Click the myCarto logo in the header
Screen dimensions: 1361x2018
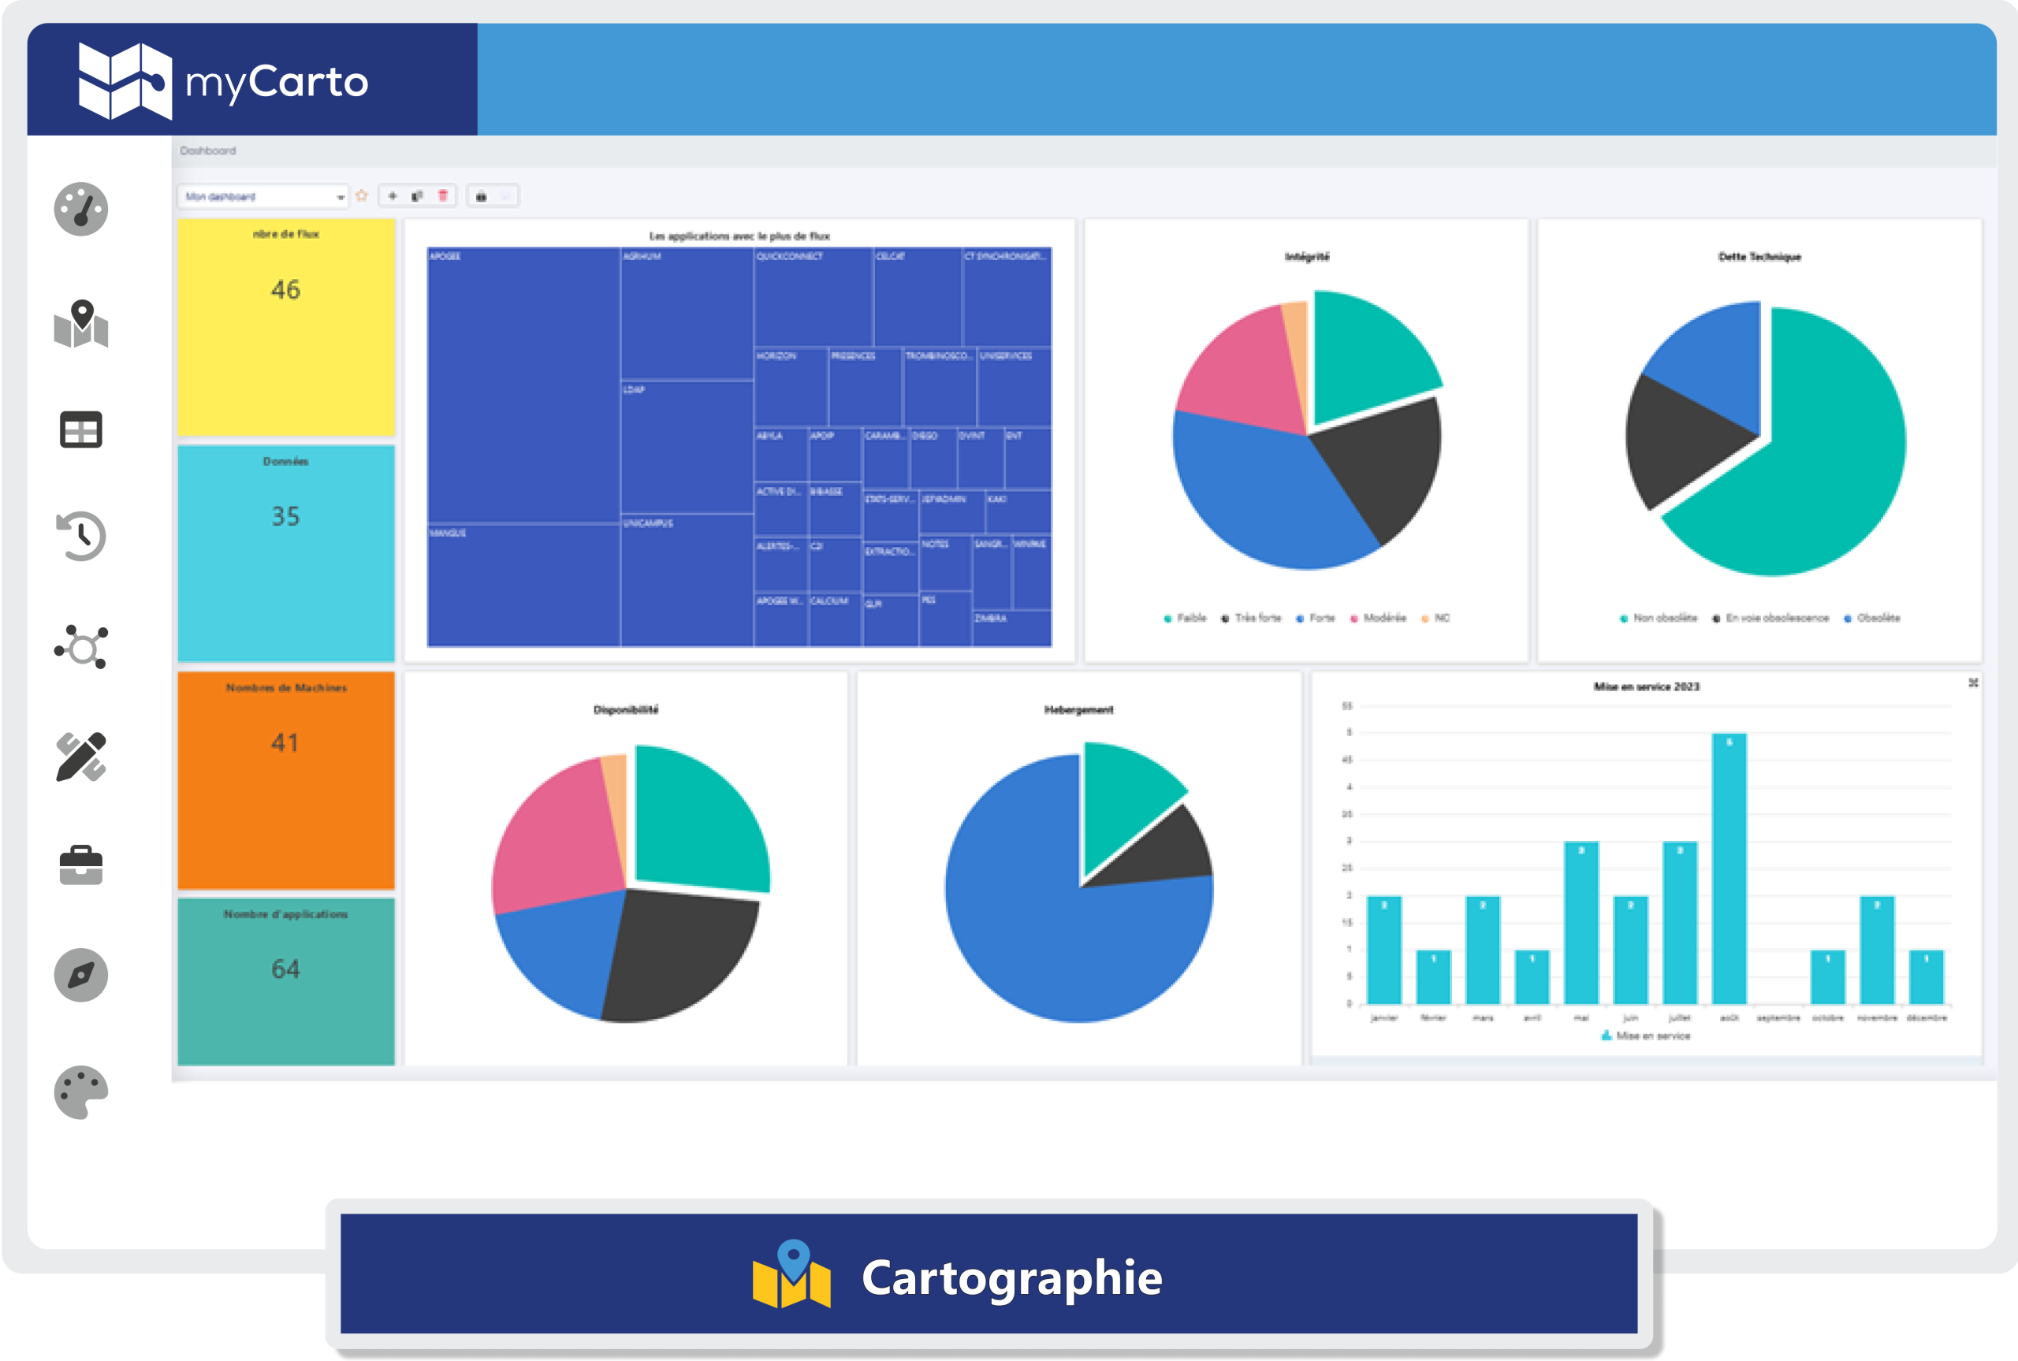tap(223, 80)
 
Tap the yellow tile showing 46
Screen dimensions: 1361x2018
tap(285, 327)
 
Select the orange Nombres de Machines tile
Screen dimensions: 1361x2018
tap(285, 779)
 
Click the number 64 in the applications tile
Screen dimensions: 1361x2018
tap(285, 969)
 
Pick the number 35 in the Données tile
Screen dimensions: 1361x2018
tap(285, 516)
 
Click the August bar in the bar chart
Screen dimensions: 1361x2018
tap(1728, 868)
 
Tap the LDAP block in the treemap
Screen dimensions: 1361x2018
tap(686, 446)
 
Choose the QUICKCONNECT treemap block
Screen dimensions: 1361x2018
tap(813, 297)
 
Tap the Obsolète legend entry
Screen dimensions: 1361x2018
tap(1878, 618)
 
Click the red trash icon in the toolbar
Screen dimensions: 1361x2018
tap(443, 196)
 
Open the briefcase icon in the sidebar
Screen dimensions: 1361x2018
tap(80, 865)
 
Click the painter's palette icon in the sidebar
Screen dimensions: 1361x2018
tap(80, 1092)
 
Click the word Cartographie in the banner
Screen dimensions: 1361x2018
tap(1011, 1277)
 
